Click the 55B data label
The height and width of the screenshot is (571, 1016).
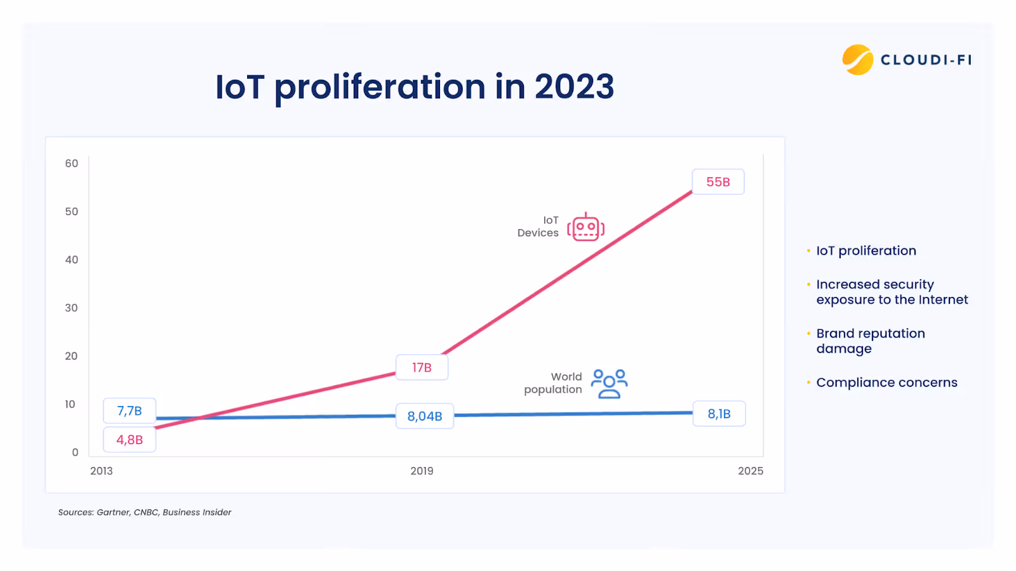pyautogui.click(x=718, y=182)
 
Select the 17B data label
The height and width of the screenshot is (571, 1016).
pyautogui.click(x=422, y=367)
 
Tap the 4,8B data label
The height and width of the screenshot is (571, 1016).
pyautogui.click(x=130, y=440)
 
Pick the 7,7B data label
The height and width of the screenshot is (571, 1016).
pyautogui.click(x=130, y=411)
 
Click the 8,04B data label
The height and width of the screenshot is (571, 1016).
pyautogui.click(x=425, y=416)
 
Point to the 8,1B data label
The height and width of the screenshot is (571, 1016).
pyautogui.click(x=719, y=414)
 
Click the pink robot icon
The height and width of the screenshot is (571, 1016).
pyautogui.click(x=585, y=227)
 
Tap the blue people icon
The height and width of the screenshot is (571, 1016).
pyautogui.click(x=609, y=384)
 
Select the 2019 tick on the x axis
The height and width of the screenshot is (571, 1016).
pyautogui.click(x=422, y=471)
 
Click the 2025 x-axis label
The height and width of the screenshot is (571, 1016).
pyautogui.click(x=750, y=471)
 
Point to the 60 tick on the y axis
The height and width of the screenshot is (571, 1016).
pyautogui.click(x=72, y=164)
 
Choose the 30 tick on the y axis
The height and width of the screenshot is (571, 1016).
pyautogui.click(x=72, y=308)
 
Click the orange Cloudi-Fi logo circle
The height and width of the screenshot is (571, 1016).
pyautogui.click(x=858, y=60)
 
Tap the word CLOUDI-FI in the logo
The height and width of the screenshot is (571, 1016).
pyautogui.click(x=926, y=60)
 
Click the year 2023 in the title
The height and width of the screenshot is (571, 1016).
pyautogui.click(x=574, y=87)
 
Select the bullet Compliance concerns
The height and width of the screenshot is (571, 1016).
pyautogui.click(x=886, y=383)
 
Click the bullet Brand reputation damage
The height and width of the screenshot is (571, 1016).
pyautogui.click(x=870, y=341)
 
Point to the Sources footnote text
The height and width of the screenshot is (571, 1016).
pyautogui.click(x=145, y=512)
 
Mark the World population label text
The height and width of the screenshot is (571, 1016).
pyautogui.click(x=553, y=383)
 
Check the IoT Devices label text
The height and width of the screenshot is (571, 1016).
pyautogui.click(x=538, y=226)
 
